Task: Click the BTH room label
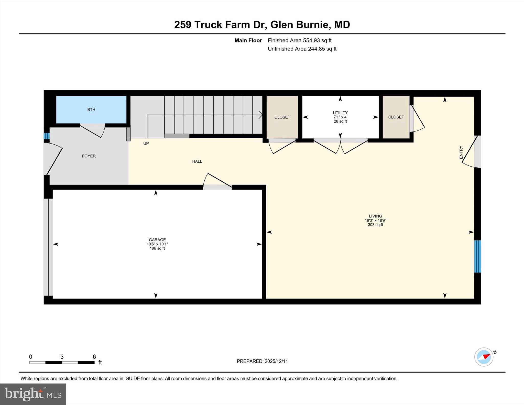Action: click(91, 110)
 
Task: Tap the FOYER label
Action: click(89, 156)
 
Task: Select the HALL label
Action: click(197, 161)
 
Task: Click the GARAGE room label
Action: click(157, 240)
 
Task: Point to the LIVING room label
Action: click(375, 216)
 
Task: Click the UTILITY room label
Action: click(340, 113)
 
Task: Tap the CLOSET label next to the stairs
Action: click(282, 117)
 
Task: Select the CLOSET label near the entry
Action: click(396, 117)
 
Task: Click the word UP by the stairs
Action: click(146, 144)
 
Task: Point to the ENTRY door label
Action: click(461, 152)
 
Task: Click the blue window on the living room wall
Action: click(477, 256)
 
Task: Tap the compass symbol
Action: click(484, 357)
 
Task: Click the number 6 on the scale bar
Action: click(94, 357)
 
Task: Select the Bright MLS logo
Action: click(33, 394)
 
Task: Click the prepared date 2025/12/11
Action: click(276, 361)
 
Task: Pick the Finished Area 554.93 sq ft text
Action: click(299, 40)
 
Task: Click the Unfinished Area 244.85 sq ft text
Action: click(302, 49)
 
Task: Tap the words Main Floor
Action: click(248, 40)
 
